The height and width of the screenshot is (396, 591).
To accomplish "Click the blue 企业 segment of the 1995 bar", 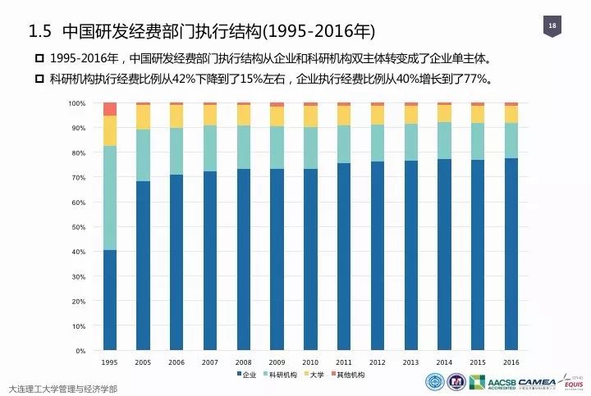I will (x=109, y=300).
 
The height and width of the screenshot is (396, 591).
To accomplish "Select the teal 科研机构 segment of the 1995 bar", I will (x=109, y=198).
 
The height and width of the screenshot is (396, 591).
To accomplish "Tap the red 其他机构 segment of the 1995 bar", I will (x=109, y=109).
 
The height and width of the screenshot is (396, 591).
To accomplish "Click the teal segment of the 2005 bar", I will (x=143, y=155).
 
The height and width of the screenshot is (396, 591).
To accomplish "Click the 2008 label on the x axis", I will (x=243, y=362).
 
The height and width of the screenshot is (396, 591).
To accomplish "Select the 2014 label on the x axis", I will (x=444, y=362).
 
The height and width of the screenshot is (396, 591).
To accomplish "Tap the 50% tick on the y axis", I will (x=79, y=227).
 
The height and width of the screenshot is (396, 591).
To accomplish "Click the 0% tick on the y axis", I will (x=81, y=351).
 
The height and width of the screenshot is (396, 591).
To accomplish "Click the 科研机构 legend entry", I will (x=284, y=375).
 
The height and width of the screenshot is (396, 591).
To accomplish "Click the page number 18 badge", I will (x=552, y=27).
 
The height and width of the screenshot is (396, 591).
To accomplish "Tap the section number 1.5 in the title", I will (x=40, y=32).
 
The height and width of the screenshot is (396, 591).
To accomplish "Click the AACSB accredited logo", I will (x=485, y=383).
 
